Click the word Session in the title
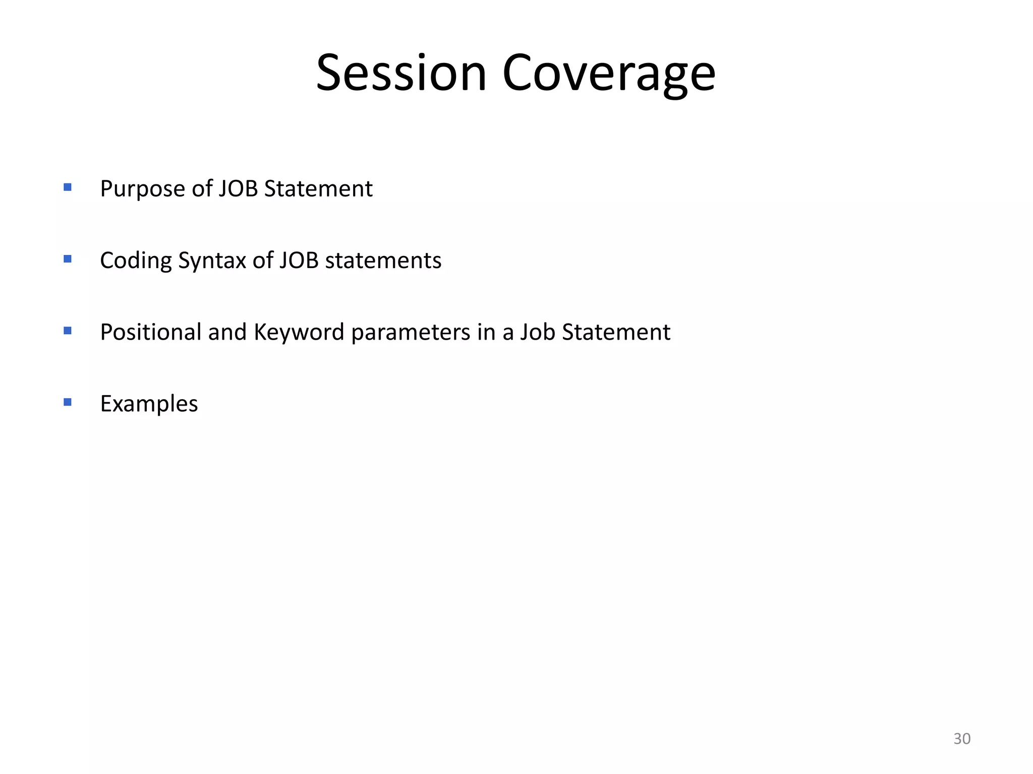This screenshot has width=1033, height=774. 401,73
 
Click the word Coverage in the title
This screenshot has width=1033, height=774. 609,73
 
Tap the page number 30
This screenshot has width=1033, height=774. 961,739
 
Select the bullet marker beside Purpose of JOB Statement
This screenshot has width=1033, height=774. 68,187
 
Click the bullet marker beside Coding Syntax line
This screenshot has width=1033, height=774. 68,259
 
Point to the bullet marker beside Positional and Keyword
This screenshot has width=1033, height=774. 68,331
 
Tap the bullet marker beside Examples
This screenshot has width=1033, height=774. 68,402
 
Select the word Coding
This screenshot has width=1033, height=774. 136,261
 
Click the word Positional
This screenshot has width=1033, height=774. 150,332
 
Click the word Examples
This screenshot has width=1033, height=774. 149,404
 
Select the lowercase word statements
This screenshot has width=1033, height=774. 383,261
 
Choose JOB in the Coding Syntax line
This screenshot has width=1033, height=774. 299,261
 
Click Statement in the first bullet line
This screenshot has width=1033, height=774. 318,189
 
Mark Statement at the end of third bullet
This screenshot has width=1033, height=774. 616,332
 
